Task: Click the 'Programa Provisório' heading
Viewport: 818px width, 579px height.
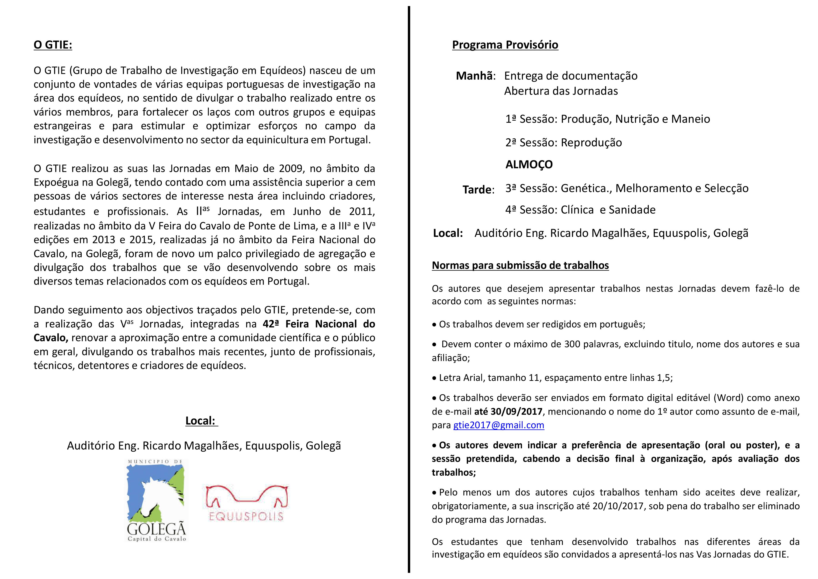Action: click(x=505, y=45)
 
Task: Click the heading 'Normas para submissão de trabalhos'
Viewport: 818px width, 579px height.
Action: click(x=520, y=265)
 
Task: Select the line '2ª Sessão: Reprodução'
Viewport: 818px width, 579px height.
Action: click(x=563, y=143)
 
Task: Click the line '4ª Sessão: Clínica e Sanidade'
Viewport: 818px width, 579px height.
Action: click(x=580, y=210)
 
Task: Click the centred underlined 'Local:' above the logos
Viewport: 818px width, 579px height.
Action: click(x=201, y=421)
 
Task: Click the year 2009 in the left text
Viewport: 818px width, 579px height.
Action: click(x=292, y=168)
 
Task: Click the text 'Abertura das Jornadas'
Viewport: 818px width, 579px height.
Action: click(x=561, y=91)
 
